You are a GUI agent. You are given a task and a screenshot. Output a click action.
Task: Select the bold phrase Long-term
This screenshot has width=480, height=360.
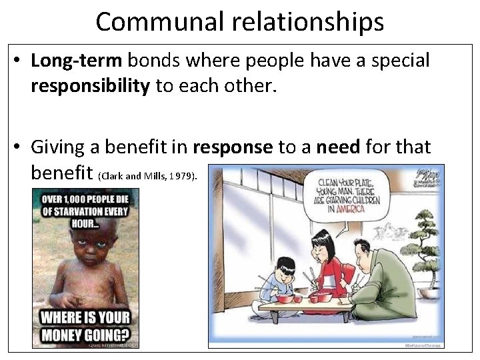click(x=77, y=61)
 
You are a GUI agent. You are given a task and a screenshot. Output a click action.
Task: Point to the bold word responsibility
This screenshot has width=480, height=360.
click(x=90, y=87)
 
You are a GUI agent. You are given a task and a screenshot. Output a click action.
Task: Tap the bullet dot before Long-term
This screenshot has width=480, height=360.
click(x=18, y=61)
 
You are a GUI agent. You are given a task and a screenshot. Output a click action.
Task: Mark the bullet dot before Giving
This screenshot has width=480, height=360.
click(x=18, y=147)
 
